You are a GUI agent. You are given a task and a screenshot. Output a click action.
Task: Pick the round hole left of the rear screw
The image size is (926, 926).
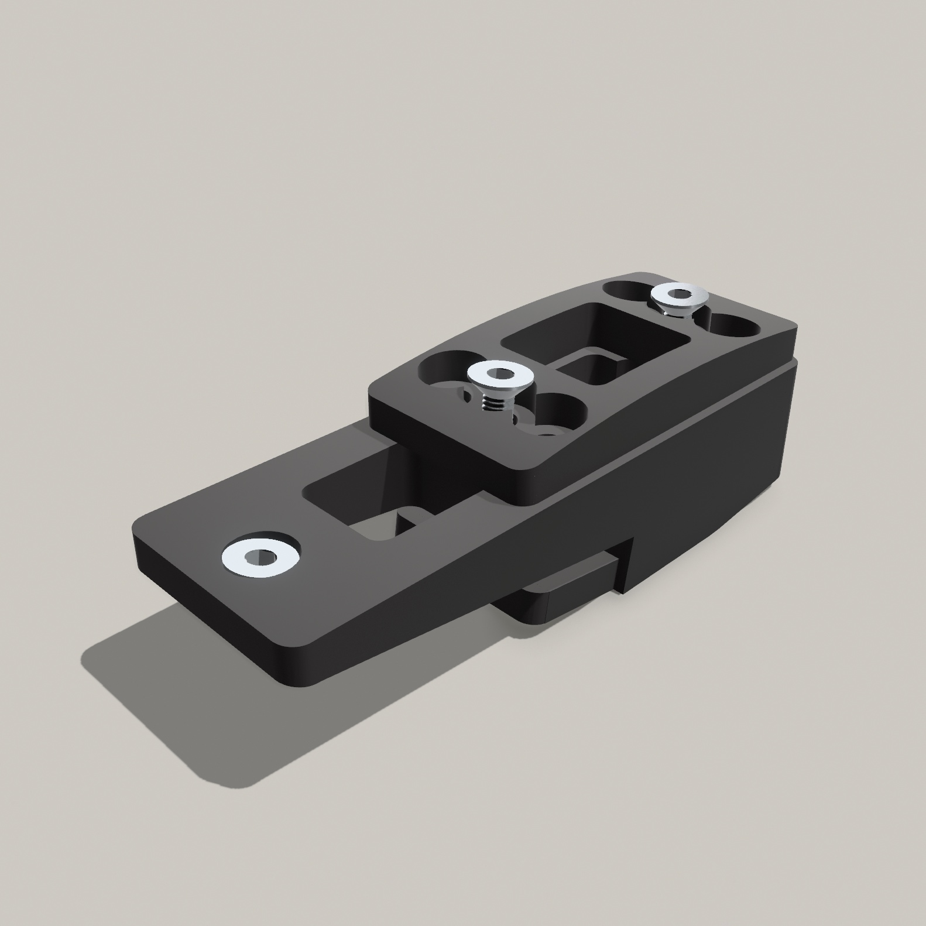[x=626, y=290]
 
